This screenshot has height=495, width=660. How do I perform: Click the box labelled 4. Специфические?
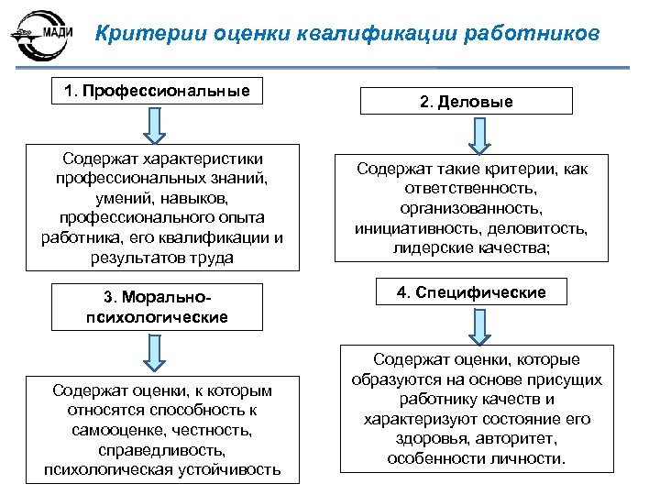point(470,292)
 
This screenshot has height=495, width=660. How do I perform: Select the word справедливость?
point(162,450)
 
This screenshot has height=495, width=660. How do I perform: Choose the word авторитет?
point(520,438)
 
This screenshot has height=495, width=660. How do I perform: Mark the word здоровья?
point(442,438)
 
